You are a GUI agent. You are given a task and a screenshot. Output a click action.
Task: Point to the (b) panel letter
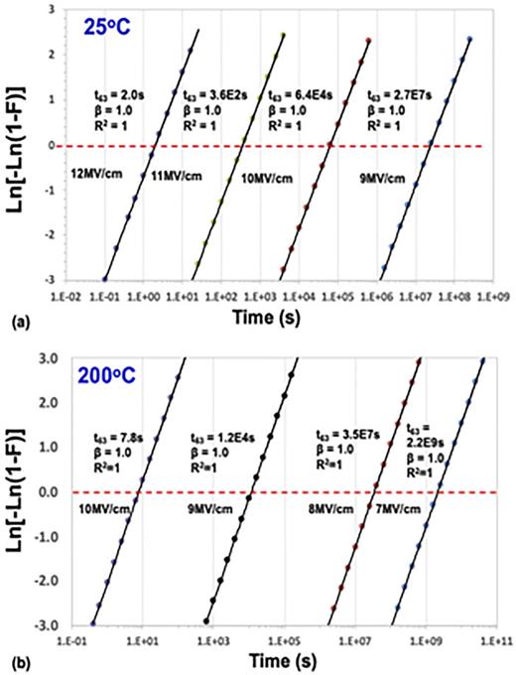14,661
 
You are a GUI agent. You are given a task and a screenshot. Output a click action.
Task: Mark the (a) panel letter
14,322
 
